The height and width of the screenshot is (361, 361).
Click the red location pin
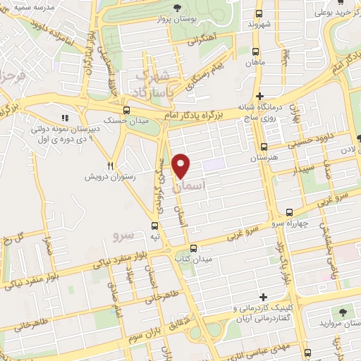[x=181, y=166]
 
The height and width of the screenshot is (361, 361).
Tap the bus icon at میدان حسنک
[x=126, y=110]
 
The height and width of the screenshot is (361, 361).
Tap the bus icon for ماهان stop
[x=255, y=51]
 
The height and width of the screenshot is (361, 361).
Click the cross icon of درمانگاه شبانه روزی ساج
[x=260, y=96]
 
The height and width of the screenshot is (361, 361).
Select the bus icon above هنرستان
[x=263, y=147]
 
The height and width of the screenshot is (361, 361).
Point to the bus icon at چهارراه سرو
[x=289, y=212]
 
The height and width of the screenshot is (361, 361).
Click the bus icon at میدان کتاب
[x=194, y=248]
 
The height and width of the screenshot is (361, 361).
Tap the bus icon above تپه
[x=154, y=226]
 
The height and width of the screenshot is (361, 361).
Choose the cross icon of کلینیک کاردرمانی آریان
[x=264, y=298]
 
